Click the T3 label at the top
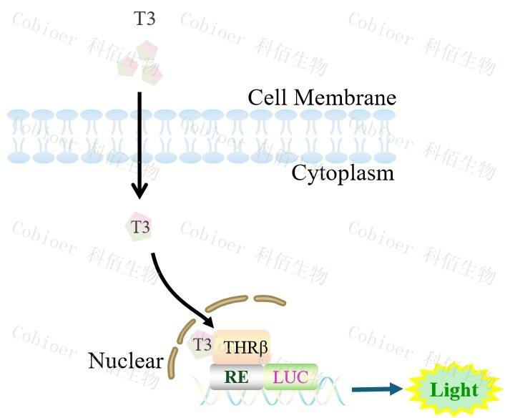tap(144, 19)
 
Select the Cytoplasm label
tap(343, 172)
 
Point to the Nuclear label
tap(125, 360)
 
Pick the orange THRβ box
tap(241, 347)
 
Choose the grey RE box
tap(237, 376)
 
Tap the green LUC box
tap(291, 376)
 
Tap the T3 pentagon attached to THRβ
tap(202, 345)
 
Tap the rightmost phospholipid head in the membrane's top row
tap(384, 115)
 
